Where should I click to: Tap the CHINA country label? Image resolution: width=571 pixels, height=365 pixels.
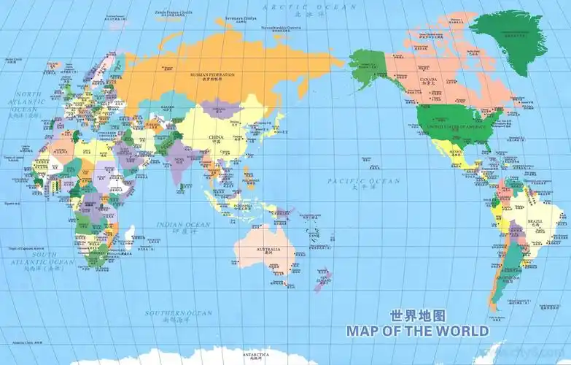pyautogui.click(x=216, y=137)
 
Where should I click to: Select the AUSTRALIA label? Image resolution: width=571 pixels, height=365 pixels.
pyautogui.click(x=268, y=250)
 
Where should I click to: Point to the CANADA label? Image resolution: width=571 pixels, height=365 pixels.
pyautogui.click(x=427, y=80)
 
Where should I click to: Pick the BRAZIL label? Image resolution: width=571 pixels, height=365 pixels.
pyautogui.click(x=535, y=221)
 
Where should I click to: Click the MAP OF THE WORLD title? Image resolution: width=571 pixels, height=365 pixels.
pyautogui.click(x=417, y=331)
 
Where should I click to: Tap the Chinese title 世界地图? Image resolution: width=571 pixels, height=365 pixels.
pyautogui.click(x=417, y=316)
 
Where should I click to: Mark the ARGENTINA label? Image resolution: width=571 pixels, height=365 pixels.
pyautogui.click(x=508, y=278)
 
